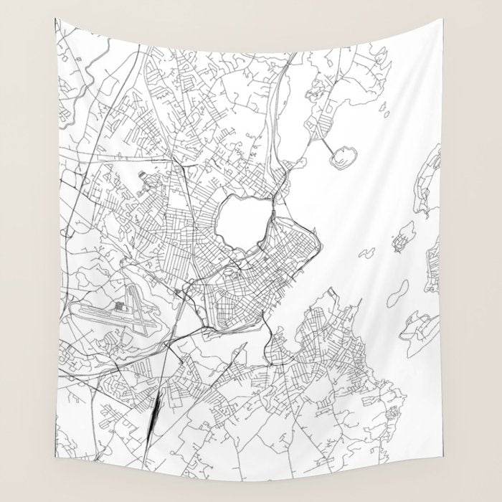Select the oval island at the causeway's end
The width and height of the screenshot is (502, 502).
(x=344, y=156)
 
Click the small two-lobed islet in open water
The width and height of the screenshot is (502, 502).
(x=366, y=252)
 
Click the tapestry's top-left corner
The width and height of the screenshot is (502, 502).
(x=55, y=19)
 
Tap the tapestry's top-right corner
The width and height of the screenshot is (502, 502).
(x=443, y=19)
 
